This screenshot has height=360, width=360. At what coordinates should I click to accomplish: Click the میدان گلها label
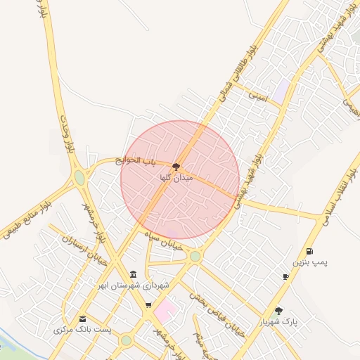[176, 179]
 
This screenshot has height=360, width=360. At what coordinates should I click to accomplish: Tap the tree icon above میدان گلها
[176, 166]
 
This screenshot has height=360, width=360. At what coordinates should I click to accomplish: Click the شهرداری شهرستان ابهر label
[134, 285]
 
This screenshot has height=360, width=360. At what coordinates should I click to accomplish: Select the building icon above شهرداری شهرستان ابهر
[134, 274]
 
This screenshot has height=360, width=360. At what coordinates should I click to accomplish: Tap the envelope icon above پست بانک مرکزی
[83, 319]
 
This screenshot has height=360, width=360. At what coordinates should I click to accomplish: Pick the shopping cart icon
[148, 304]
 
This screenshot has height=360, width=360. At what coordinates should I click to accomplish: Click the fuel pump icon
[309, 251]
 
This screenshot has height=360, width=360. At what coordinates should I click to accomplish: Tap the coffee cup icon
[285, 277]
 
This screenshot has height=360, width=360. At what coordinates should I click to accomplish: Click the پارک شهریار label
[279, 322]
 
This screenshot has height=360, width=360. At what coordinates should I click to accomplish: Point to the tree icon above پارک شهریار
[279, 310]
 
